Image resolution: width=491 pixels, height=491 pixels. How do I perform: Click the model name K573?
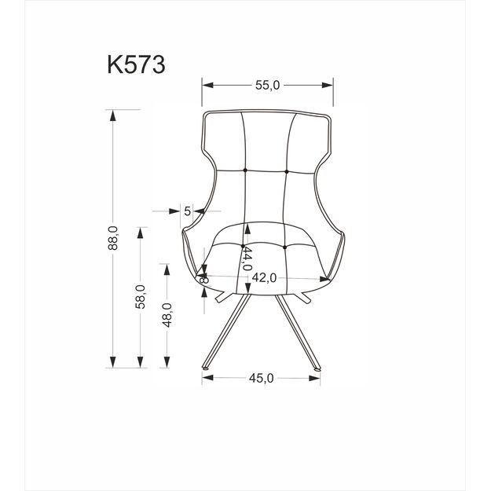point(135,64)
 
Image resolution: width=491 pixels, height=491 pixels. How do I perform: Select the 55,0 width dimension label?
point(266,86)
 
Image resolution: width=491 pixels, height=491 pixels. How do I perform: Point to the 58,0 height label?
point(139,296)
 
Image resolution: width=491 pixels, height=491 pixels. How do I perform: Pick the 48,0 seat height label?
point(166,315)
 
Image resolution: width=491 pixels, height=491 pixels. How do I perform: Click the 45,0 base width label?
point(261,379)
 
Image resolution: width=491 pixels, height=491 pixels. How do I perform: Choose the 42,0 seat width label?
point(265,277)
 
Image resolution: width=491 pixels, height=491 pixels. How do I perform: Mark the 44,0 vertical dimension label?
point(247,258)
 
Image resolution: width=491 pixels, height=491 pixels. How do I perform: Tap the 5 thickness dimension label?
point(187,211)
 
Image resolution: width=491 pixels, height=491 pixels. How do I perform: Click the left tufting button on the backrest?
point(245,170)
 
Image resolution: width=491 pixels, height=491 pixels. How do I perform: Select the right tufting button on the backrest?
point(287,170)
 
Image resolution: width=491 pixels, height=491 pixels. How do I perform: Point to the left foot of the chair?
point(203,367)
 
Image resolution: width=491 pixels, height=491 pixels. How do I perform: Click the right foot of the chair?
point(319,367)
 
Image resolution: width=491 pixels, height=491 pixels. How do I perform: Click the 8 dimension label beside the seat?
point(204,278)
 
